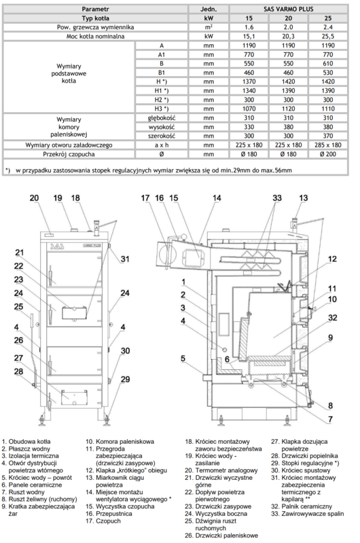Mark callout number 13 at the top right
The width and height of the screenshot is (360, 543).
coord(302,198)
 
